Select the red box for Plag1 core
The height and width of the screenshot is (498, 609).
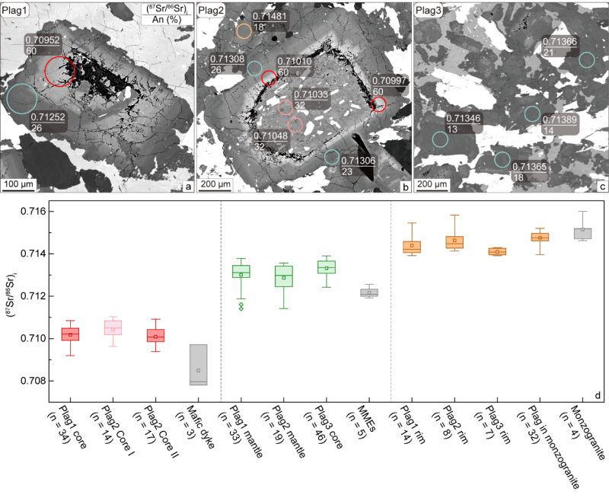tap(70, 334)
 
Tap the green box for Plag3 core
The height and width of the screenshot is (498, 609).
tap(326, 267)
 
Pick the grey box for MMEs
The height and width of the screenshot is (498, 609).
tap(368, 292)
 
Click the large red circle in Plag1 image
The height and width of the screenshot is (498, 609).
tap(60, 71)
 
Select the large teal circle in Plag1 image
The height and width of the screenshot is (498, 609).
tap(22, 101)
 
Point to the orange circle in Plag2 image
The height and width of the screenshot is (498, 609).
tap(244, 31)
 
